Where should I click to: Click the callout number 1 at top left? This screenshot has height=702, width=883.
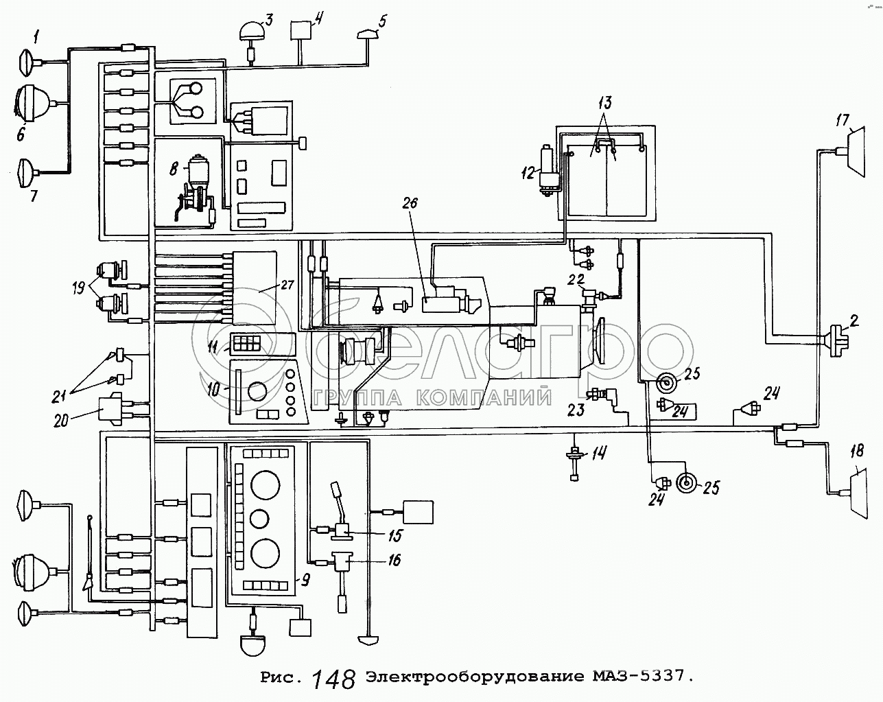37,38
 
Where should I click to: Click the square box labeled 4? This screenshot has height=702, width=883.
301,30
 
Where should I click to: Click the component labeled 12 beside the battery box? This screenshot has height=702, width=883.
548,172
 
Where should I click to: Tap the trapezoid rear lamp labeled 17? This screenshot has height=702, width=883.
853,152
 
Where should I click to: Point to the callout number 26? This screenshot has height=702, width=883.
410,203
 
